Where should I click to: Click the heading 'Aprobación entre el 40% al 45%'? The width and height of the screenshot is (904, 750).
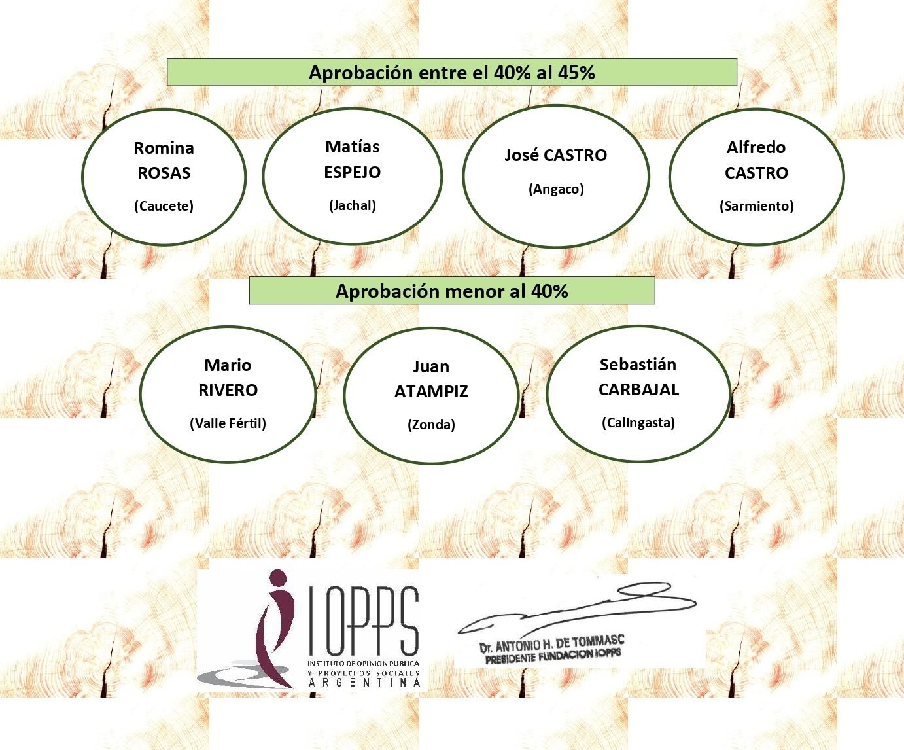(451, 73)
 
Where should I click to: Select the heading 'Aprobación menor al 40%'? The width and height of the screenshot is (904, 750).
(451, 291)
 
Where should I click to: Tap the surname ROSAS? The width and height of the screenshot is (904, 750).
(164, 173)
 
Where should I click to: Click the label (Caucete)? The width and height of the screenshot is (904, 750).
(164, 205)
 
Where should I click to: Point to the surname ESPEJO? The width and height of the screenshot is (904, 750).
(353, 172)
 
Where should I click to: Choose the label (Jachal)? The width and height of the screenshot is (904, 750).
(353, 205)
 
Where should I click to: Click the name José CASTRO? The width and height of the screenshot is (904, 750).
(556, 155)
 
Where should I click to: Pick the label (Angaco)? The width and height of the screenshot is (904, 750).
(557, 189)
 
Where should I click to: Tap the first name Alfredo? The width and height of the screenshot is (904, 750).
(756, 147)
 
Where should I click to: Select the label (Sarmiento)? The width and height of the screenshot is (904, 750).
(757, 205)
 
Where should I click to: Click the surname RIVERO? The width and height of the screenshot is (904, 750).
(228, 391)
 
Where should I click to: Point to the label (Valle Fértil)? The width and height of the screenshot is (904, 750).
(228, 423)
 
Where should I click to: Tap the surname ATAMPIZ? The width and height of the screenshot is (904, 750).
(431, 391)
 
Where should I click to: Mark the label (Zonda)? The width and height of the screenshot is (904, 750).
(431, 424)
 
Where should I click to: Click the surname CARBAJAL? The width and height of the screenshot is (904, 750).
(638, 390)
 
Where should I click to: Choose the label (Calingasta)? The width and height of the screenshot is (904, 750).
(638, 423)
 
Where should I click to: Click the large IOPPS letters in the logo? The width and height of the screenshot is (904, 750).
(364, 621)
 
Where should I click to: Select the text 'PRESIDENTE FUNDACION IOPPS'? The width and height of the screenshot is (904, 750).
(553, 656)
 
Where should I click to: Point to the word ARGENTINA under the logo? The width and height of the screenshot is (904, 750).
(364, 683)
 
